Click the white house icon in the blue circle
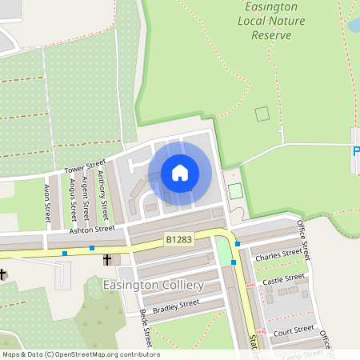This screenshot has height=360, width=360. [180, 173]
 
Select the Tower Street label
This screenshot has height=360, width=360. [86, 166]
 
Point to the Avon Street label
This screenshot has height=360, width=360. [46, 205]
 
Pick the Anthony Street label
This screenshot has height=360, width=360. [103, 194]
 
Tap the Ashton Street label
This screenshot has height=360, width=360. [92, 230]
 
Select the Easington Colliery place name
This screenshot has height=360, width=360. [153, 285]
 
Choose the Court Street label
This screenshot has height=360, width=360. [293, 330]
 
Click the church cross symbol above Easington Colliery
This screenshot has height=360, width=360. [106, 259]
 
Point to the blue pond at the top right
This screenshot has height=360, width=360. [354, 25]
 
